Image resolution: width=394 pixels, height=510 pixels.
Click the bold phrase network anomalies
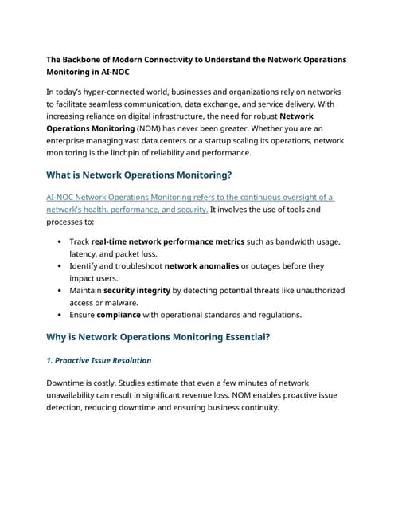click(201, 265)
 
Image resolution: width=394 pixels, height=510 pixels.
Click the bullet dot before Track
click(60, 241)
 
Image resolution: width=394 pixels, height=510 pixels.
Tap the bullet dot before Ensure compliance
click(60, 314)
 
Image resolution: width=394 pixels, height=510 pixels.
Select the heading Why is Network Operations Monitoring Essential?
click(158, 337)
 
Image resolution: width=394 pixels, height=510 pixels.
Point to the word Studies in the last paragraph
click(148, 383)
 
